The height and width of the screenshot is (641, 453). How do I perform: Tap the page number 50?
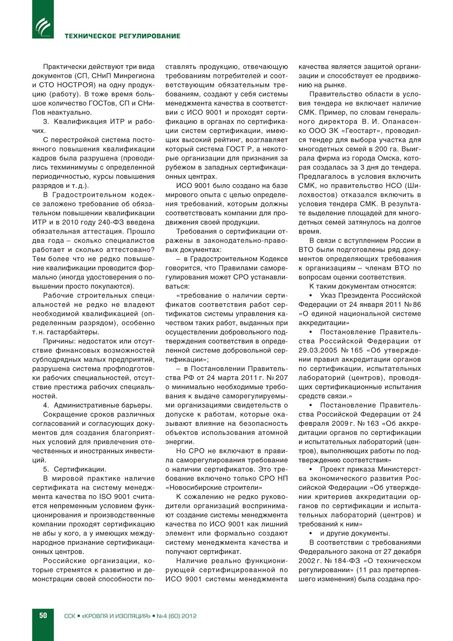pos(43,616)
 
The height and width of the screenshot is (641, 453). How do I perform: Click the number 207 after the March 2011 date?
pos(282,378)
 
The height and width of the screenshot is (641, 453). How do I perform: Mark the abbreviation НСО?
pos(393,186)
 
